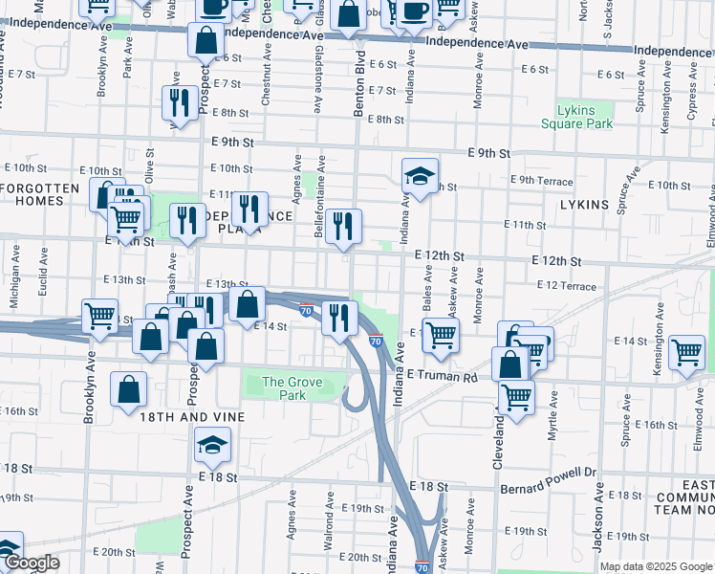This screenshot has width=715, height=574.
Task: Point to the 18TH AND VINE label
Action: pyautogui.click(x=192, y=417)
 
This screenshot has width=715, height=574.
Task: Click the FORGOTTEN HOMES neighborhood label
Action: pyautogui.click(x=40, y=194)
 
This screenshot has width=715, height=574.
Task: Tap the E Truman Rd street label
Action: pyautogui.click(x=442, y=376)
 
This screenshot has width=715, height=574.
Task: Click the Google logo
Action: pyautogui.click(x=31, y=563)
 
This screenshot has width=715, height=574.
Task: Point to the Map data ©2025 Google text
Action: pyautogui.click(x=656, y=566)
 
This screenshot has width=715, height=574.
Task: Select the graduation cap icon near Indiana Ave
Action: pyautogui.click(x=420, y=177)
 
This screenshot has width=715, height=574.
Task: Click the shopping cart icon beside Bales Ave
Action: pyautogui.click(x=440, y=336)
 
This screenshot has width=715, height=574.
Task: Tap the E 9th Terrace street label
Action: pyautogui.click(x=541, y=181)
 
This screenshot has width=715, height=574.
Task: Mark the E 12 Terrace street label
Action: pyautogui.click(x=566, y=286)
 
